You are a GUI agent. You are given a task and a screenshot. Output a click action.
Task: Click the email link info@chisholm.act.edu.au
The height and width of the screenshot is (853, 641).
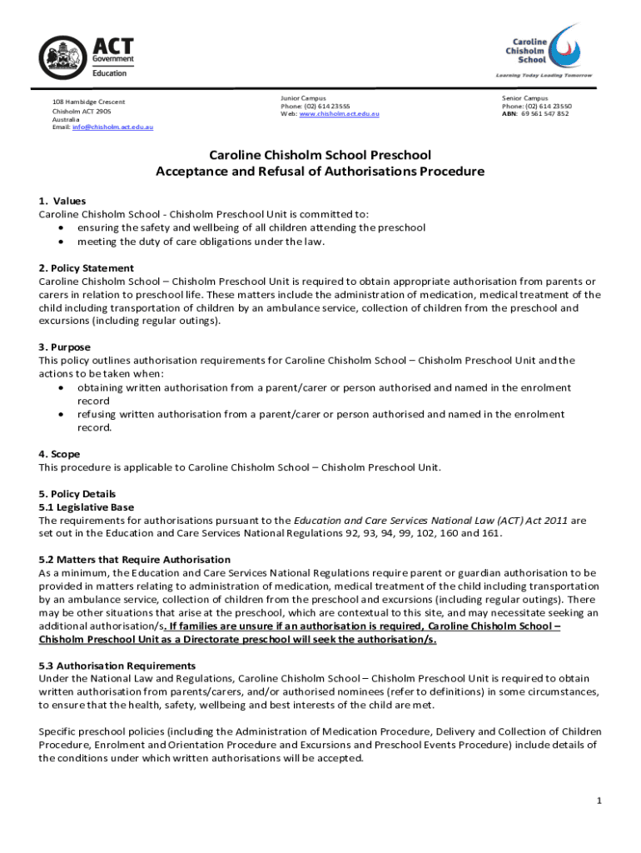[x=113, y=127]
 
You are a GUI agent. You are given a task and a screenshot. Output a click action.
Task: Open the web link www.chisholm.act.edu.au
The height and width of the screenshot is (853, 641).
[x=339, y=114]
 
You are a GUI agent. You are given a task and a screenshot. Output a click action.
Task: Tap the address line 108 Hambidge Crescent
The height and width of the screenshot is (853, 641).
[x=88, y=102]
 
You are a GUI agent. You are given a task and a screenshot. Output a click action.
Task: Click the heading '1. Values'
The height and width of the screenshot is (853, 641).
[x=62, y=201]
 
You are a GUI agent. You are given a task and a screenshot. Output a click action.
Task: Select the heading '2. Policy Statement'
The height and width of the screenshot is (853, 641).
[x=86, y=268]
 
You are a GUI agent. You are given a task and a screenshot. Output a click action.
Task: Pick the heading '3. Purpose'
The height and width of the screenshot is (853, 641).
[x=64, y=347]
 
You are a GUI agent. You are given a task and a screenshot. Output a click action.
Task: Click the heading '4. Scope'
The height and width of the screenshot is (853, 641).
[x=59, y=454]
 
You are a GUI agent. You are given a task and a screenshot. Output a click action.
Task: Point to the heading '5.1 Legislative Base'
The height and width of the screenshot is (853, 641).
[x=86, y=506]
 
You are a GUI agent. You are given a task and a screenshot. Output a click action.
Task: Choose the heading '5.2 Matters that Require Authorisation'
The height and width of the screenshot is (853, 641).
[x=134, y=560]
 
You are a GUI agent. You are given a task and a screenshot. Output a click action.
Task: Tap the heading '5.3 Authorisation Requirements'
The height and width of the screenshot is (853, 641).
[x=117, y=666]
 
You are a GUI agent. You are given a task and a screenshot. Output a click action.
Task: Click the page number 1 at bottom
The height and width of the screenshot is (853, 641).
[x=599, y=801]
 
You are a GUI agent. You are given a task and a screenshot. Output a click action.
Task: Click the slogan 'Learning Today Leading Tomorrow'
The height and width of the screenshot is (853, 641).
[x=544, y=75]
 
